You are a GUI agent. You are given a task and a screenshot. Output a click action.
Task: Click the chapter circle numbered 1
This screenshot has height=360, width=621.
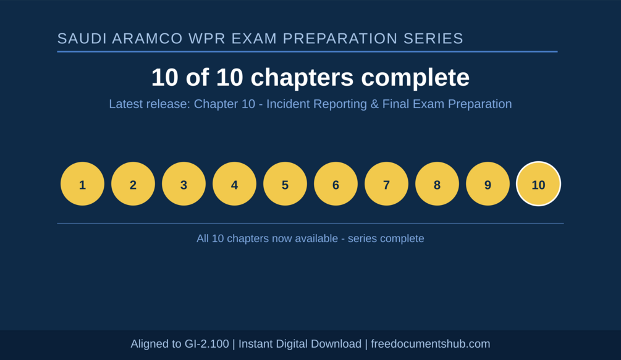tap(82, 183)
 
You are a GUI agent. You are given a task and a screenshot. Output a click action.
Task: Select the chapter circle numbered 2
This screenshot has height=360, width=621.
tap(133, 183)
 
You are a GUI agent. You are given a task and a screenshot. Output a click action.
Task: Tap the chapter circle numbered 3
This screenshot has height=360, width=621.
tap(184, 183)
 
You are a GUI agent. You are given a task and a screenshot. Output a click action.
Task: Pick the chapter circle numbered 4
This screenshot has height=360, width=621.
tap(234, 183)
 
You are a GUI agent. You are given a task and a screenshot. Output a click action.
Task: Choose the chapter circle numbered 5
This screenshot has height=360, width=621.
tap(285, 183)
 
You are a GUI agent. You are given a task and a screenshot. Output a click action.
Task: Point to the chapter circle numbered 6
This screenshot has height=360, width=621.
tap(336, 183)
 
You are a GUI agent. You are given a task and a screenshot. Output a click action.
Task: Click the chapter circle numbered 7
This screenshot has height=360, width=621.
tap(387, 183)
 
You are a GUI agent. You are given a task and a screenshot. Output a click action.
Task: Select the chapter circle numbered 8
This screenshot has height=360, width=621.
tap(437, 183)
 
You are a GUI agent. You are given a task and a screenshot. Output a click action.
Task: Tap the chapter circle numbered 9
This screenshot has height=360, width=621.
tap(488, 183)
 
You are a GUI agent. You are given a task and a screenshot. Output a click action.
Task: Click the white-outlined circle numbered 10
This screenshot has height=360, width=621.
tap(539, 183)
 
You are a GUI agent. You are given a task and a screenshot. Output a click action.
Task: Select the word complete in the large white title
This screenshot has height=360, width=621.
tap(415, 77)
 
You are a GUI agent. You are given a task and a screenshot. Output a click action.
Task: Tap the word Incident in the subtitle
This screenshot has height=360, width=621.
tap(287, 104)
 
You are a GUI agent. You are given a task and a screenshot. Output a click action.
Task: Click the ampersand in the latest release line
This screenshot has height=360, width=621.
tap(374, 104)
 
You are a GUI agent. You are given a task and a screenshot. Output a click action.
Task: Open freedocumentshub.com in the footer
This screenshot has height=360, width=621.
tap(431, 344)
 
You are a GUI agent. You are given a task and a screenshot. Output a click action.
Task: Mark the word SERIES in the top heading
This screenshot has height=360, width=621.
tap(433, 38)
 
